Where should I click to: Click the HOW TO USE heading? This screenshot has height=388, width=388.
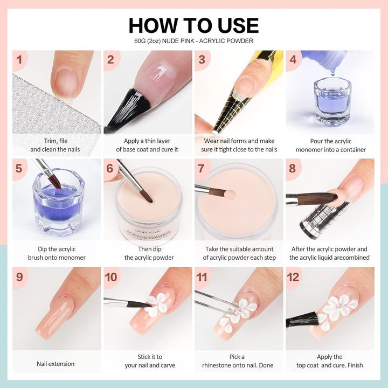[193, 25]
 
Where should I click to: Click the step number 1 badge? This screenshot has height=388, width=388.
[19, 59]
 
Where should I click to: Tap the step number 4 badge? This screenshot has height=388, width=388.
[293, 59]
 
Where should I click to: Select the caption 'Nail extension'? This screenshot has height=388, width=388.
[56, 364]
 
